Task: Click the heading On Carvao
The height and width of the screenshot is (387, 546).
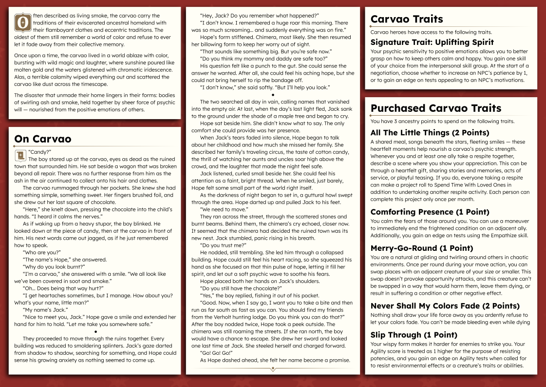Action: click(43, 139)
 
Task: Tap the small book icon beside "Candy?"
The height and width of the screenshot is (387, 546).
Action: click(20, 155)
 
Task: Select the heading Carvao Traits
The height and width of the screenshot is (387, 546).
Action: click(407, 20)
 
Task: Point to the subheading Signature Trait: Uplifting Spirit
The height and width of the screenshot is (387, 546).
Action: click(432, 42)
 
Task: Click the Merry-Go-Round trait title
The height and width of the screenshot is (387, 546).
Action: click(415, 248)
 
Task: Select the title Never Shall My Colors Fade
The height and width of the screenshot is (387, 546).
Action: click(445, 306)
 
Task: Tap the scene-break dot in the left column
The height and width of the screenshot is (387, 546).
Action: click(96, 332)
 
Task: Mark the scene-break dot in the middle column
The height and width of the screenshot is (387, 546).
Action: click(272, 95)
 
